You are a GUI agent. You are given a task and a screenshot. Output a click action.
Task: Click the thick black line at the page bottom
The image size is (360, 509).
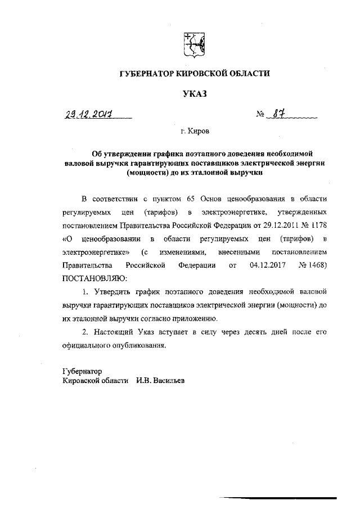(278, 498)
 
